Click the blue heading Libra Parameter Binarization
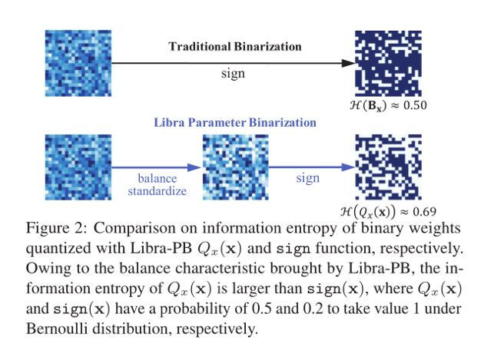coord(235,122)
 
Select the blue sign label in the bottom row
coord(307,178)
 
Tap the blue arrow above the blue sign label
coord(308,167)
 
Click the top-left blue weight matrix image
coord(78,62)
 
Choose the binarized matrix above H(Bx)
coord(388,62)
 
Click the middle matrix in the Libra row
coord(235,167)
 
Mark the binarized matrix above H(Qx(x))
coord(388,167)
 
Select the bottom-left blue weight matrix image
coord(78,167)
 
